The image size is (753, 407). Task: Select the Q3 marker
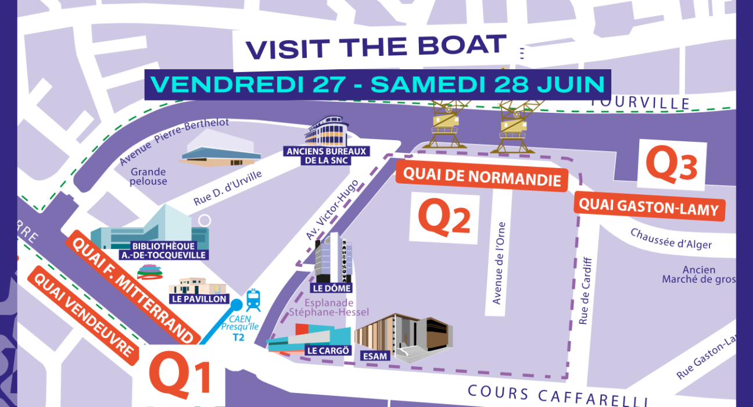[x=671, y=165]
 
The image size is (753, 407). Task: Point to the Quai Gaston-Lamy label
[x=649, y=207]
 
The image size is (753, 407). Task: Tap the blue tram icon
[x=253, y=300]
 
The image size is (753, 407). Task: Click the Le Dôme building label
[x=332, y=288]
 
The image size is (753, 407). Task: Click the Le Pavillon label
[x=199, y=299]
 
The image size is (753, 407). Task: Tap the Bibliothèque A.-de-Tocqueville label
[x=163, y=251]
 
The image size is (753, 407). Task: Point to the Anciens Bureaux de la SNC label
[x=326, y=156]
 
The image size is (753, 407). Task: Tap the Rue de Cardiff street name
[x=585, y=291]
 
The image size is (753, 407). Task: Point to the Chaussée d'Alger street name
[x=671, y=239]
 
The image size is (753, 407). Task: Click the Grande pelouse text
[x=149, y=177]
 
